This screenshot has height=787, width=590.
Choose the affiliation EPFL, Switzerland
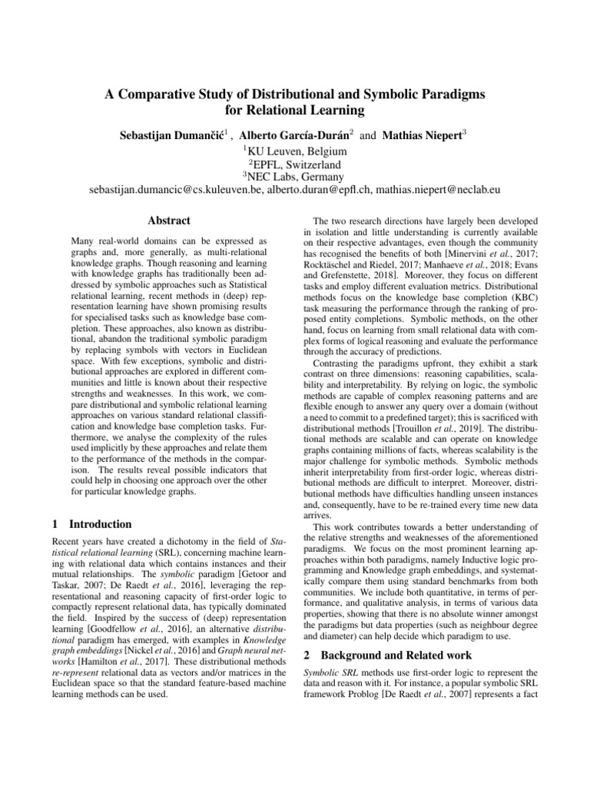[x=297, y=164]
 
